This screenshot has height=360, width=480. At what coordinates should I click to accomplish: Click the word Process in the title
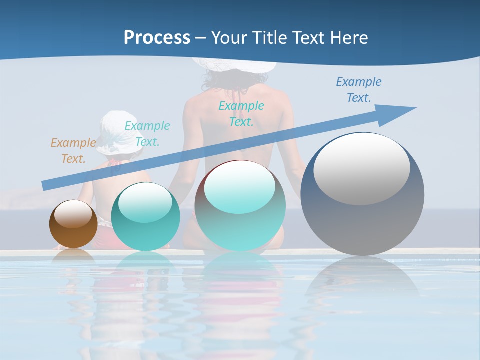[157, 37]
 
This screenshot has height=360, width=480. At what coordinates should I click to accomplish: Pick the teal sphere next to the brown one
[145, 217]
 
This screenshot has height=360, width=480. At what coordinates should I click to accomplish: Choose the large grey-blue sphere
[362, 194]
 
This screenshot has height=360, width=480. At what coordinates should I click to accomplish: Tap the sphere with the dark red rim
[240, 205]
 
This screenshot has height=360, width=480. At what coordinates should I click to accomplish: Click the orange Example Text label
[73, 151]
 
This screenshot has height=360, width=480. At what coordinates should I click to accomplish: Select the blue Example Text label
[358, 90]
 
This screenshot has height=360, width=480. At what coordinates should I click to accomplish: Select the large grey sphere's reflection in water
[362, 280]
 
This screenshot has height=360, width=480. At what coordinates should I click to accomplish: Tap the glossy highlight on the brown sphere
[73, 214]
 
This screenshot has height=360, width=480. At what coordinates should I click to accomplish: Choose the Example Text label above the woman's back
[241, 113]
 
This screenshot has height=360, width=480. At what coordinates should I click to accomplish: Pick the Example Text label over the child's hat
[147, 133]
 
